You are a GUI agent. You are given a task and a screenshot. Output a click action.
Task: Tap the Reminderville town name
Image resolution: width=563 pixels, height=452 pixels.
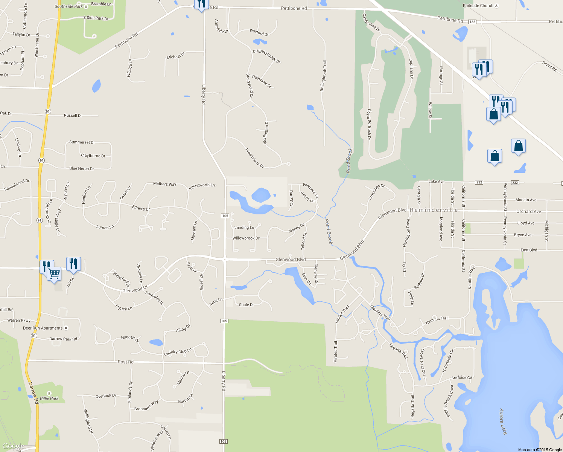(434, 210)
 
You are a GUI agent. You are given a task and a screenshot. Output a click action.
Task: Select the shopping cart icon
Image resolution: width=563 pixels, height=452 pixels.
(55, 273)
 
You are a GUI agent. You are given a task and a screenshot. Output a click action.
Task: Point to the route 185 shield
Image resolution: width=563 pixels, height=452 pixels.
(472, 22)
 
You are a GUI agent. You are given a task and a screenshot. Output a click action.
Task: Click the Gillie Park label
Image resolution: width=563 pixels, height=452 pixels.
(49, 398)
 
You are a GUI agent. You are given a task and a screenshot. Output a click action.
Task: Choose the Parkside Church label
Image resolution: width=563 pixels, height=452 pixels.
(478, 6)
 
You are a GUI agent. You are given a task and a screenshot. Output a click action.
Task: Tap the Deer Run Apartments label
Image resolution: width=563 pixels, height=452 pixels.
(43, 328)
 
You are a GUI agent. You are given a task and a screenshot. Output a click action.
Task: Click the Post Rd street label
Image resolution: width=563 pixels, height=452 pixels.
(125, 362)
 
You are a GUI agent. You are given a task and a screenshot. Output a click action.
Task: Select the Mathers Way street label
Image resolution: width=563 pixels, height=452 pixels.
(164, 184)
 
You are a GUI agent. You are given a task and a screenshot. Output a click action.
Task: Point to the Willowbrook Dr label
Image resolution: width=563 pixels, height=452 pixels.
(246, 238)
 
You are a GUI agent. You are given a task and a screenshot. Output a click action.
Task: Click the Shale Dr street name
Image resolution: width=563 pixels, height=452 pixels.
(246, 305)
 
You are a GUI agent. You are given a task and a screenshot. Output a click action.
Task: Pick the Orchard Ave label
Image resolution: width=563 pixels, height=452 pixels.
(528, 211)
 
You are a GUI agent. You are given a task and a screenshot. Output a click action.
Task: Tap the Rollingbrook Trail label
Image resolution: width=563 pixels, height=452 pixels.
(323, 76)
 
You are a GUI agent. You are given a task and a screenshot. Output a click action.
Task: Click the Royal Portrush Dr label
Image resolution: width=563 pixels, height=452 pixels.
(369, 124)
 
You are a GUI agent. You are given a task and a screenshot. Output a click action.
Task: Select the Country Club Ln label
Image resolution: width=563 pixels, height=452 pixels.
(178, 352)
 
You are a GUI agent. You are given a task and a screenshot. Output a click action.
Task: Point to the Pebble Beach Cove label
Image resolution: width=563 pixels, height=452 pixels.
(449, 401)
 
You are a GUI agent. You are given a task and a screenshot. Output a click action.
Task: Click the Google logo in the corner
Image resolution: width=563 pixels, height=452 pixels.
(13, 446)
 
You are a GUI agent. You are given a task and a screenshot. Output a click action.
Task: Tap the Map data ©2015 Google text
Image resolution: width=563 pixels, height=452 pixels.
(540, 450)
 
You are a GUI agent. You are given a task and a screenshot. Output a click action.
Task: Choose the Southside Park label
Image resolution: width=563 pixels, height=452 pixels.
(68, 6)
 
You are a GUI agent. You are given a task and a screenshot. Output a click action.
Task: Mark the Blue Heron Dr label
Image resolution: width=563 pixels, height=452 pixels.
(81, 168)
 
